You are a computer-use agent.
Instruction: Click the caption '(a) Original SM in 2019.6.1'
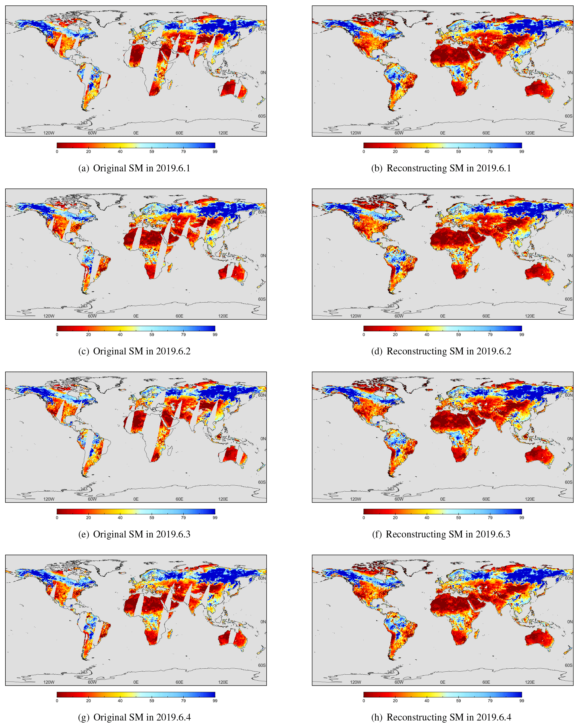pos(134,168)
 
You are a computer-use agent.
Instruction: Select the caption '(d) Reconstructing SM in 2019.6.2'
pos(441,351)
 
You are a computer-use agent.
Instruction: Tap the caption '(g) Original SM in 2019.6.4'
pos(134,717)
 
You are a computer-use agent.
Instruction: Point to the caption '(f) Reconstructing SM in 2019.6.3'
pos(441,534)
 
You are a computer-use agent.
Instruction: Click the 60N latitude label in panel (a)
pos(262,29)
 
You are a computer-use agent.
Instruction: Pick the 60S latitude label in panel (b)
pos(569,116)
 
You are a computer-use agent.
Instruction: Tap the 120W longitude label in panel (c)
pos(49,316)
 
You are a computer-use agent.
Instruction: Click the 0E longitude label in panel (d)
pos(442,316)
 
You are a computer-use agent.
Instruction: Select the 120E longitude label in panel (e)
pos(223,499)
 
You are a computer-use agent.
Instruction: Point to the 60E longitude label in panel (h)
pos(486,682)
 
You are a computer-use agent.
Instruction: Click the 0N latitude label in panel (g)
pos(263,622)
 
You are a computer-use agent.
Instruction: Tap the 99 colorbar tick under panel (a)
pos(215,152)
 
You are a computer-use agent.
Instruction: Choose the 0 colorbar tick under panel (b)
pos(364,152)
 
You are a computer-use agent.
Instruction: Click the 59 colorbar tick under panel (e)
pos(152,518)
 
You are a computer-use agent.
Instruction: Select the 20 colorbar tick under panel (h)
pos(395,701)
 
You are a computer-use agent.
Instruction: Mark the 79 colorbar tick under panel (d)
pos(490,335)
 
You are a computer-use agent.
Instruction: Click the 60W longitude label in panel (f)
pos(399,499)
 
